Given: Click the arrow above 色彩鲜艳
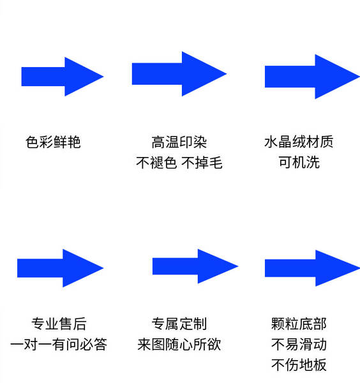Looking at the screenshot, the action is point(63,77).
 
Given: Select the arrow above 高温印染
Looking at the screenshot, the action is point(179,74).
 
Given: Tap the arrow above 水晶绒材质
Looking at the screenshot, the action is point(312,77).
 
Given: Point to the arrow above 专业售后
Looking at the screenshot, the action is point(61,268).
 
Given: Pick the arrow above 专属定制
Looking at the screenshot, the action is point(195,266).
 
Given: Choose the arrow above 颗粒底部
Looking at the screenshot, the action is point(312,268).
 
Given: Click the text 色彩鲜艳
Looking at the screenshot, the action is point(53,142).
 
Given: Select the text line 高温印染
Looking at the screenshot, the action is point(179,142).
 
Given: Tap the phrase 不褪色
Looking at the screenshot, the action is point(156,162).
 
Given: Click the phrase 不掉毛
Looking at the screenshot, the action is point(202,162).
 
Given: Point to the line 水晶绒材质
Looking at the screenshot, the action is point(299,142).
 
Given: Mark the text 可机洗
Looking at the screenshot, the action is point(299,162).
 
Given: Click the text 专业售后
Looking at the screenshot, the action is point(59,324).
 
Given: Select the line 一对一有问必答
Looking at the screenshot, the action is point(59,345).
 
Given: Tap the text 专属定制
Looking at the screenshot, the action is point(179,324).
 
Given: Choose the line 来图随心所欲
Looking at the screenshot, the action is point(179,345).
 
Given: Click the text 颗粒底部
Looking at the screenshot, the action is point(299,324).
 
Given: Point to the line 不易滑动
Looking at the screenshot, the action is point(299,345).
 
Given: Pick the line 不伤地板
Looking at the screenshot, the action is point(299,365).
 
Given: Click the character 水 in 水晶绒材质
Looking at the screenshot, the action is point(271,142).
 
